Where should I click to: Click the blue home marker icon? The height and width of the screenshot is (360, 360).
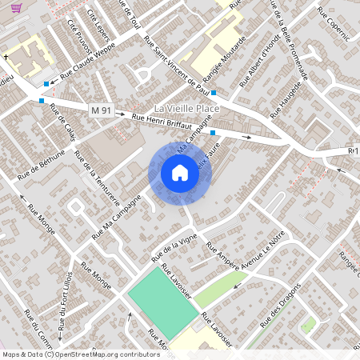(180, 173)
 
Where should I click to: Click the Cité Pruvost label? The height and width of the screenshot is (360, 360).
(78, 33)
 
